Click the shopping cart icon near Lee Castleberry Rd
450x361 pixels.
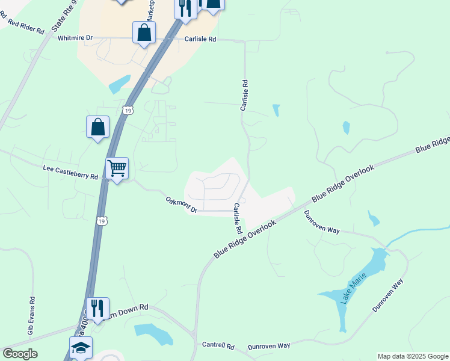[116, 168]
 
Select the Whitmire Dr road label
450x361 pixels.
[75, 38]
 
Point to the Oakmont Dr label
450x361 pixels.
[181, 205]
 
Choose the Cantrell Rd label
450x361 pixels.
[218, 345]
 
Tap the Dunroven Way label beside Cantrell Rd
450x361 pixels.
[269, 345]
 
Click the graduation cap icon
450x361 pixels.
[81, 347]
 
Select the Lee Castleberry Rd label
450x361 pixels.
[70, 173]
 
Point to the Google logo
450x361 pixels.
[20, 354]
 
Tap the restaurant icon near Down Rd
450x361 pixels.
[97, 308]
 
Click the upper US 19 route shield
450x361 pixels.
[126, 110]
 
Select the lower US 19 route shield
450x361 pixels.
[102, 221]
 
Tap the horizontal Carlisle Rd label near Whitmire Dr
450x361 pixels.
[200, 39]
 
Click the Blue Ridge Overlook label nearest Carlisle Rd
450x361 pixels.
[245, 239]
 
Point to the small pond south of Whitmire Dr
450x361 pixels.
[120, 84]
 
